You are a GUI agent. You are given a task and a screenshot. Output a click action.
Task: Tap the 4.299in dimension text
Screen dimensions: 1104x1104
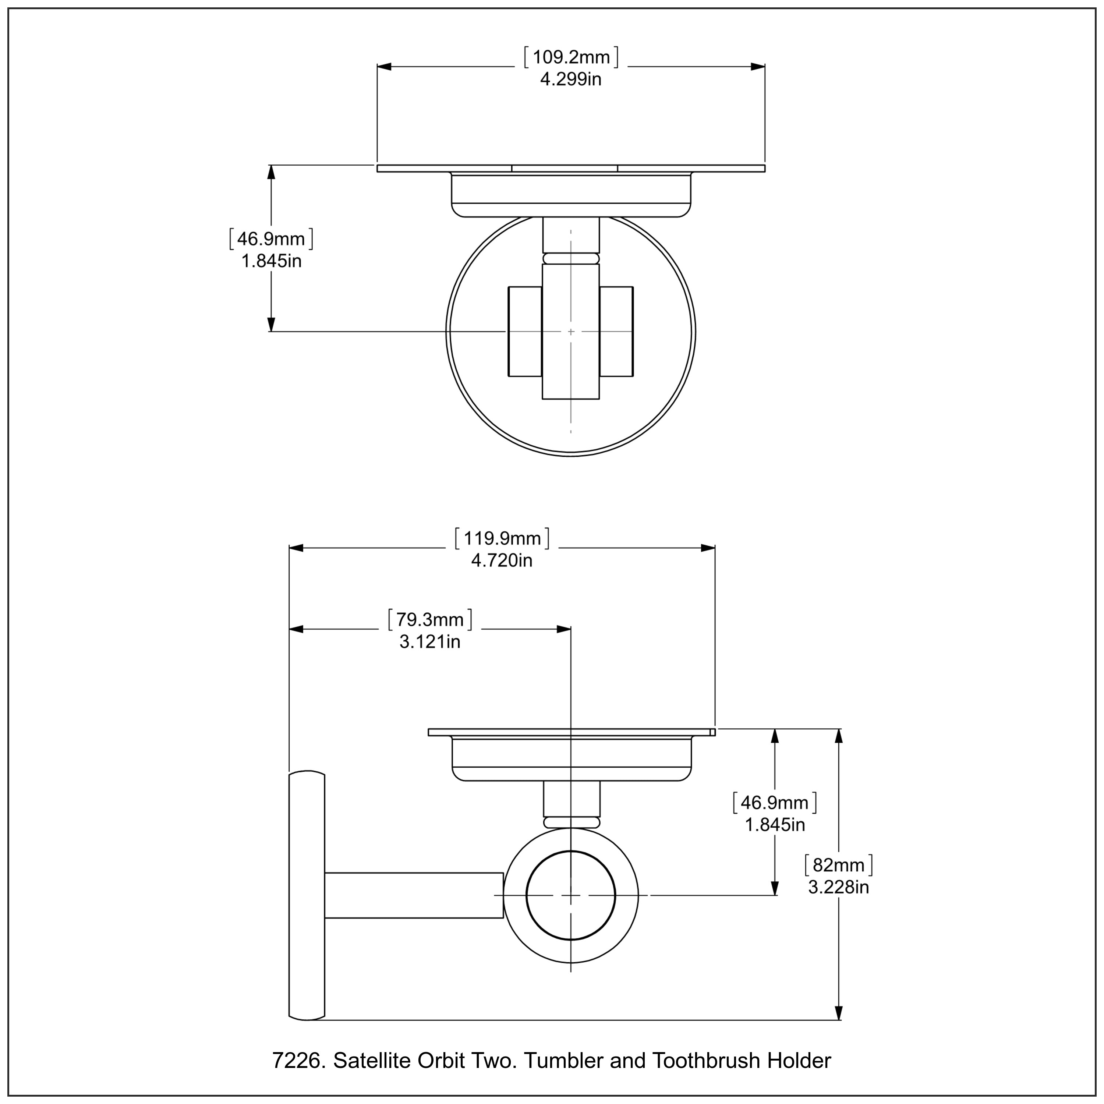(x=571, y=79)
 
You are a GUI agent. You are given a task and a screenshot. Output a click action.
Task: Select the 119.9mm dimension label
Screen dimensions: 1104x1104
(x=502, y=539)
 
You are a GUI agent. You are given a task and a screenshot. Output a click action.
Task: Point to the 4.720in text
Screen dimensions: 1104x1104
(x=502, y=560)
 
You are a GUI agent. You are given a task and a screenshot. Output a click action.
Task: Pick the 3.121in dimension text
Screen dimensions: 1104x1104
(x=430, y=642)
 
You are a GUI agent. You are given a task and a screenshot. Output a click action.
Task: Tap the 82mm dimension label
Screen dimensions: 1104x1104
(x=838, y=866)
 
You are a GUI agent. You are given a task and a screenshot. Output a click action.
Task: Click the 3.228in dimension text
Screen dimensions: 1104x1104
(x=838, y=887)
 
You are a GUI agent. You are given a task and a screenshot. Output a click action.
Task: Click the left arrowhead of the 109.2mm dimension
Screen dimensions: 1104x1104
(x=384, y=67)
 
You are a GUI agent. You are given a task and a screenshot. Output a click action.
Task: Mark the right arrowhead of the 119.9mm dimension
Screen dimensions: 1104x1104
(x=708, y=548)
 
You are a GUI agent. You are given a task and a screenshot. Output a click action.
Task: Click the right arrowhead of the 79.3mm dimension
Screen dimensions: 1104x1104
(x=565, y=629)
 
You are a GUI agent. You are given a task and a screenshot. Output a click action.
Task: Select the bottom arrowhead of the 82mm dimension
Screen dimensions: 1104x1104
(x=838, y=1013)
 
